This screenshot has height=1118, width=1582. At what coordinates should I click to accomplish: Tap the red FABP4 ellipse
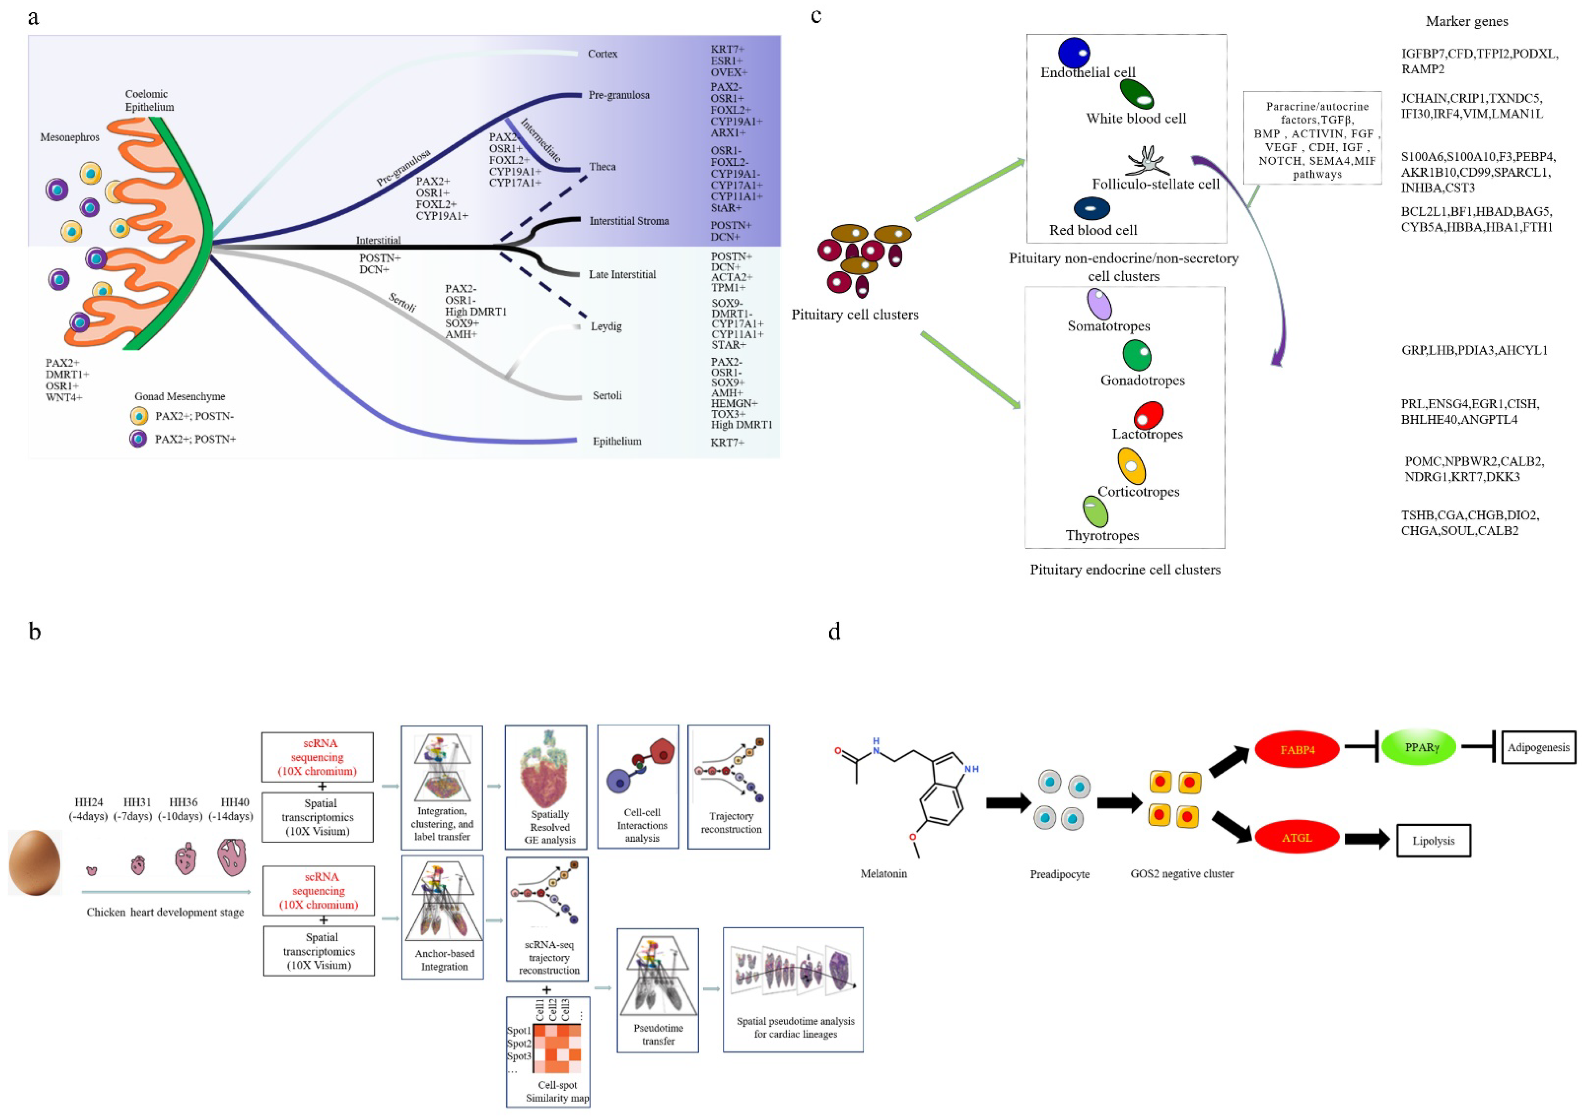click(x=1297, y=749)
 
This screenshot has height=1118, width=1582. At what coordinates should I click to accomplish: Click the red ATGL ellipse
click(x=1297, y=837)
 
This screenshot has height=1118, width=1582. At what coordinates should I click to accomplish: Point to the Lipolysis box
click(x=1433, y=841)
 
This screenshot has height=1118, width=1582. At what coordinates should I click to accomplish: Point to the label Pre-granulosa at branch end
click(x=618, y=95)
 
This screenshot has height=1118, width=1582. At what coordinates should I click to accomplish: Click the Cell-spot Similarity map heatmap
click(x=557, y=1048)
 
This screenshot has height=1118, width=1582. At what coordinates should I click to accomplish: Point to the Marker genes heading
click(x=1466, y=21)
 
